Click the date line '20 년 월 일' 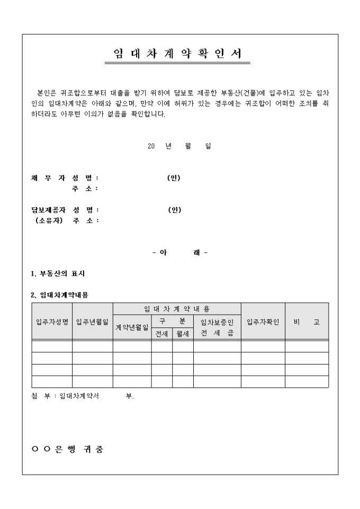pyautogui.click(x=179, y=147)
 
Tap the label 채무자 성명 pyautogui.click(x=65, y=178)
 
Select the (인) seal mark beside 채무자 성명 pyautogui.click(x=174, y=178)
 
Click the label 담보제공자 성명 pyautogui.click(x=65, y=210)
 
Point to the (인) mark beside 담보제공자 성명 pyautogui.click(x=174, y=210)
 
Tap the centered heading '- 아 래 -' pyautogui.click(x=179, y=252)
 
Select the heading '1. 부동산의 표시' pyautogui.click(x=58, y=274)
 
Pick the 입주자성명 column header pyautogui.click(x=52, y=322)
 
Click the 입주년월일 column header pyautogui.click(x=92, y=322)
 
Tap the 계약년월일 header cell pyautogui.click(x=132, y=328)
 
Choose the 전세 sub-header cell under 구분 pyautogui.click(x=161, y=334)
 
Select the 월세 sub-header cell pyautogui.click(x=183, y=334)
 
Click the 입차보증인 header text pyautogui.click(x=217, y=322)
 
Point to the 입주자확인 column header pyautogui.click(x=263, y=322)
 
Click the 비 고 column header pyautogui.click(x=307, y=322)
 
